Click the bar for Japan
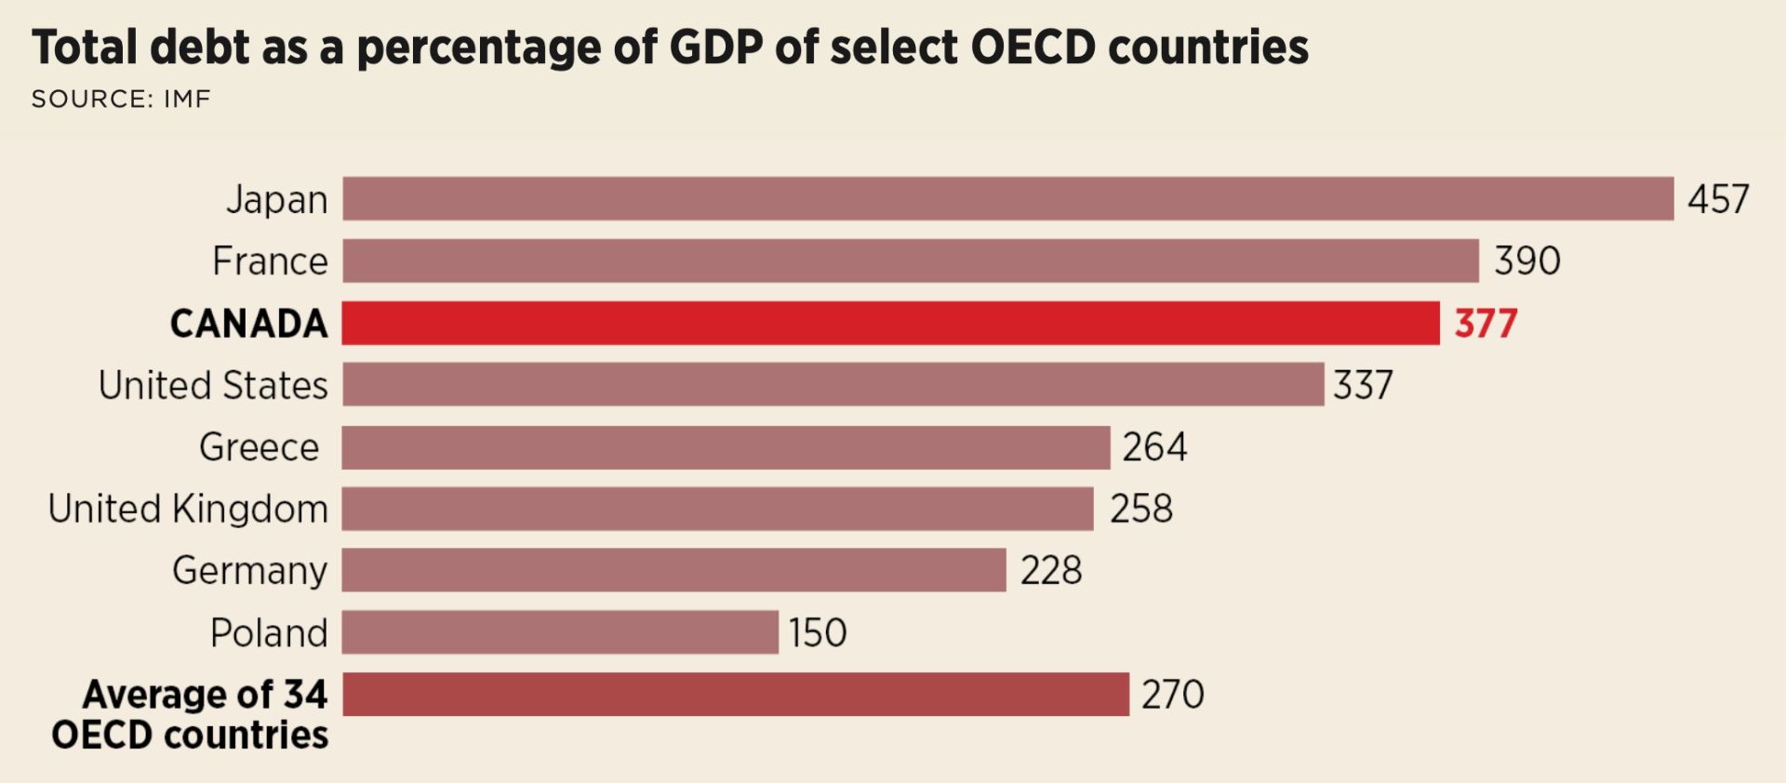[1007, 199]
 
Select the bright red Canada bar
[890, 323]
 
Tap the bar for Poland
[560, 632]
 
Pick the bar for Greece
[726, 447]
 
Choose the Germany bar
[673, 570]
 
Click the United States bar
[833, 385]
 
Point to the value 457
[1718, 200]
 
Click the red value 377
[1486, 324]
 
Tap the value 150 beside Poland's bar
[818, 633]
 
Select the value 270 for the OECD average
[1172, 695]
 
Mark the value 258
[1141, 509]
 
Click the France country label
[270, 261]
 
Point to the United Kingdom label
[188, 509]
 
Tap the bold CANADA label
[249, 324]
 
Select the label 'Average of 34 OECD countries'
[191, 714]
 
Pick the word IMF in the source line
[187, 99]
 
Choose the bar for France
[910, 260]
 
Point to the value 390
[1526, 261]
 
